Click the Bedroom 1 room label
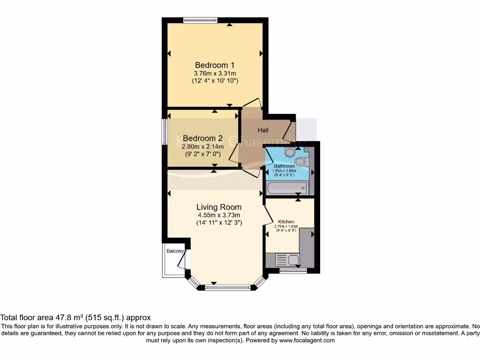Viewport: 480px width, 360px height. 215,65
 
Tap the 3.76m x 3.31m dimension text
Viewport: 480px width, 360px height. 215,73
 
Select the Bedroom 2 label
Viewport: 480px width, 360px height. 202,138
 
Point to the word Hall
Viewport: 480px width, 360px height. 263,130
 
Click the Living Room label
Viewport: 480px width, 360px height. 219,207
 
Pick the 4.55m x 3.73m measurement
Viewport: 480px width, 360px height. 219,215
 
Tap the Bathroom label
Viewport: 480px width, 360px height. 284,166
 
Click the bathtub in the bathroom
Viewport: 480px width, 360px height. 286,188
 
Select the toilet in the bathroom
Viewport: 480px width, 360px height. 300,161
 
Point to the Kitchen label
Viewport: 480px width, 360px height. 286,221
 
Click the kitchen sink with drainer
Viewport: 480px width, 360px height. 288,259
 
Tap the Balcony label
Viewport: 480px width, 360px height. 175,251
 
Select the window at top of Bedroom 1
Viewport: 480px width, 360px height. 200,20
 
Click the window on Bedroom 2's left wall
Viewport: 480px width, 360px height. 165,131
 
